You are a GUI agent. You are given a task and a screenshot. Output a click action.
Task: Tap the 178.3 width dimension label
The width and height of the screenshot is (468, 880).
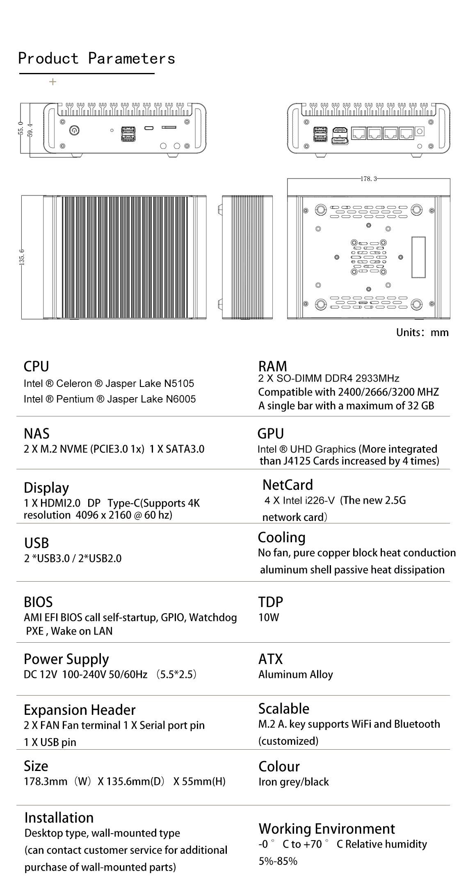(368, 179)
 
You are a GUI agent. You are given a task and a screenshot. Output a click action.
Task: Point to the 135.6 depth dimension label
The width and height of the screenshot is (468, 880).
(22, 257)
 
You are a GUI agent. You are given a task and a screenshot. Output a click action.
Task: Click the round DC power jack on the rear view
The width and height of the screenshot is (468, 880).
(420, 132)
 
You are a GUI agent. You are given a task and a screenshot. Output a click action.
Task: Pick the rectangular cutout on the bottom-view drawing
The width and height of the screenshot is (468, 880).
(418, 257)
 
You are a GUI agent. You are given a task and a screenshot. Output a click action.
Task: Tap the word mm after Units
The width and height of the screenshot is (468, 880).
(439, 332)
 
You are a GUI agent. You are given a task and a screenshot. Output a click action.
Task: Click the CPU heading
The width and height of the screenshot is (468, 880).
(36, 366)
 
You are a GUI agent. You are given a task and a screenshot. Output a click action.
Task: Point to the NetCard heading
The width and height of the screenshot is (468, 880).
(288, 485)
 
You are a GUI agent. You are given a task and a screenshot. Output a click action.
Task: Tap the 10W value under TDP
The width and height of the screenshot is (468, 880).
(269, 617)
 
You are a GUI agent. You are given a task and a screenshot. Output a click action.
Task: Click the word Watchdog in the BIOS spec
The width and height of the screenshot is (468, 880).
(213, 617)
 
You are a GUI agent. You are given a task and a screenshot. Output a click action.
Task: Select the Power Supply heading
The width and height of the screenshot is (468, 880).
(66, 659)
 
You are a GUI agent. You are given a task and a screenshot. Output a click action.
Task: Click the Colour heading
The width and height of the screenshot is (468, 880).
(279, 766)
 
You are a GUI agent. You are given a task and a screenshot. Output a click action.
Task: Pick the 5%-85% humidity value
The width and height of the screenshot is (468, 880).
(278, 861)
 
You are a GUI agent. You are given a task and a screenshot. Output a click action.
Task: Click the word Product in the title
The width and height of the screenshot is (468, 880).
(48, 59)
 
